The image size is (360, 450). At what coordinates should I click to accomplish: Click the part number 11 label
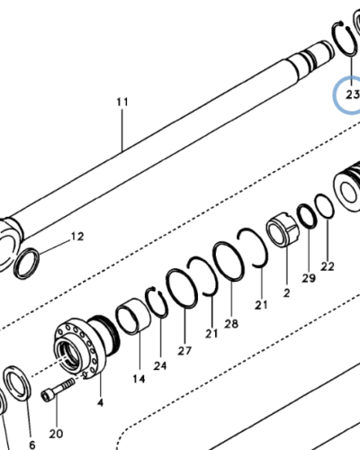(x=123, y=103)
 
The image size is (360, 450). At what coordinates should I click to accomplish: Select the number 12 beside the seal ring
(x=78, y=237)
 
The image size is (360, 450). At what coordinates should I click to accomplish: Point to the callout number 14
(x=139, y=379)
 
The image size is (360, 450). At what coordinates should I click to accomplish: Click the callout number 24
(x=161, y=366)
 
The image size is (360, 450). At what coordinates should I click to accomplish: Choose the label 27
(x=184, y=350)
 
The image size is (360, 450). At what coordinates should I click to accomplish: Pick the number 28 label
(x=230, y=323)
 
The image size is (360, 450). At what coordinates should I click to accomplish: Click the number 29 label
(x=309, y=280)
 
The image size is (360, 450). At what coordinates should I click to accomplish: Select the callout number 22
(x=328, y=266)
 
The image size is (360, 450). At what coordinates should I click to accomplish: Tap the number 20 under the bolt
(x=56, y=434)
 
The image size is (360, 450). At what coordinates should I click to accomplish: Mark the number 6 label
(x=31, y=445)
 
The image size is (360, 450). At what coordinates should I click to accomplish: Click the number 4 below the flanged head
(x=99, y=402)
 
